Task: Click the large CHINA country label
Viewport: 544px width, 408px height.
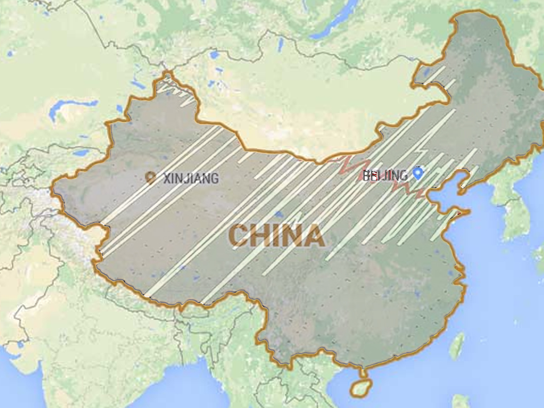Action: click(x=277, y=236)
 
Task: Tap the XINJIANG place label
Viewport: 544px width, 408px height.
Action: click(x=190, y=178)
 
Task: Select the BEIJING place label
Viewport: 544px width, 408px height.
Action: click(x=385, y=175)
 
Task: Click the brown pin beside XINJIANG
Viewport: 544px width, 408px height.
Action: click(x=151, y=177)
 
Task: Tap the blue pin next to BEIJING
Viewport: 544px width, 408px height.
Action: click(x=418, y=173)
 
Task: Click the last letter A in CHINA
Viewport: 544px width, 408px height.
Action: click(x=314, y=236)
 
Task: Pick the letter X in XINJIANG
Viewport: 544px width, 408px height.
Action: click(x=166, y=178)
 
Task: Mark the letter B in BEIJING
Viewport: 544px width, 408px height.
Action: click(x=366, y=175)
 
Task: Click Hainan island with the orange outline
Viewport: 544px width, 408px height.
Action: click(x=360, y=388)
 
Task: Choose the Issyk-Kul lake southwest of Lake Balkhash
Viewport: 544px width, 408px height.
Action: click(x=82, y=153)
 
